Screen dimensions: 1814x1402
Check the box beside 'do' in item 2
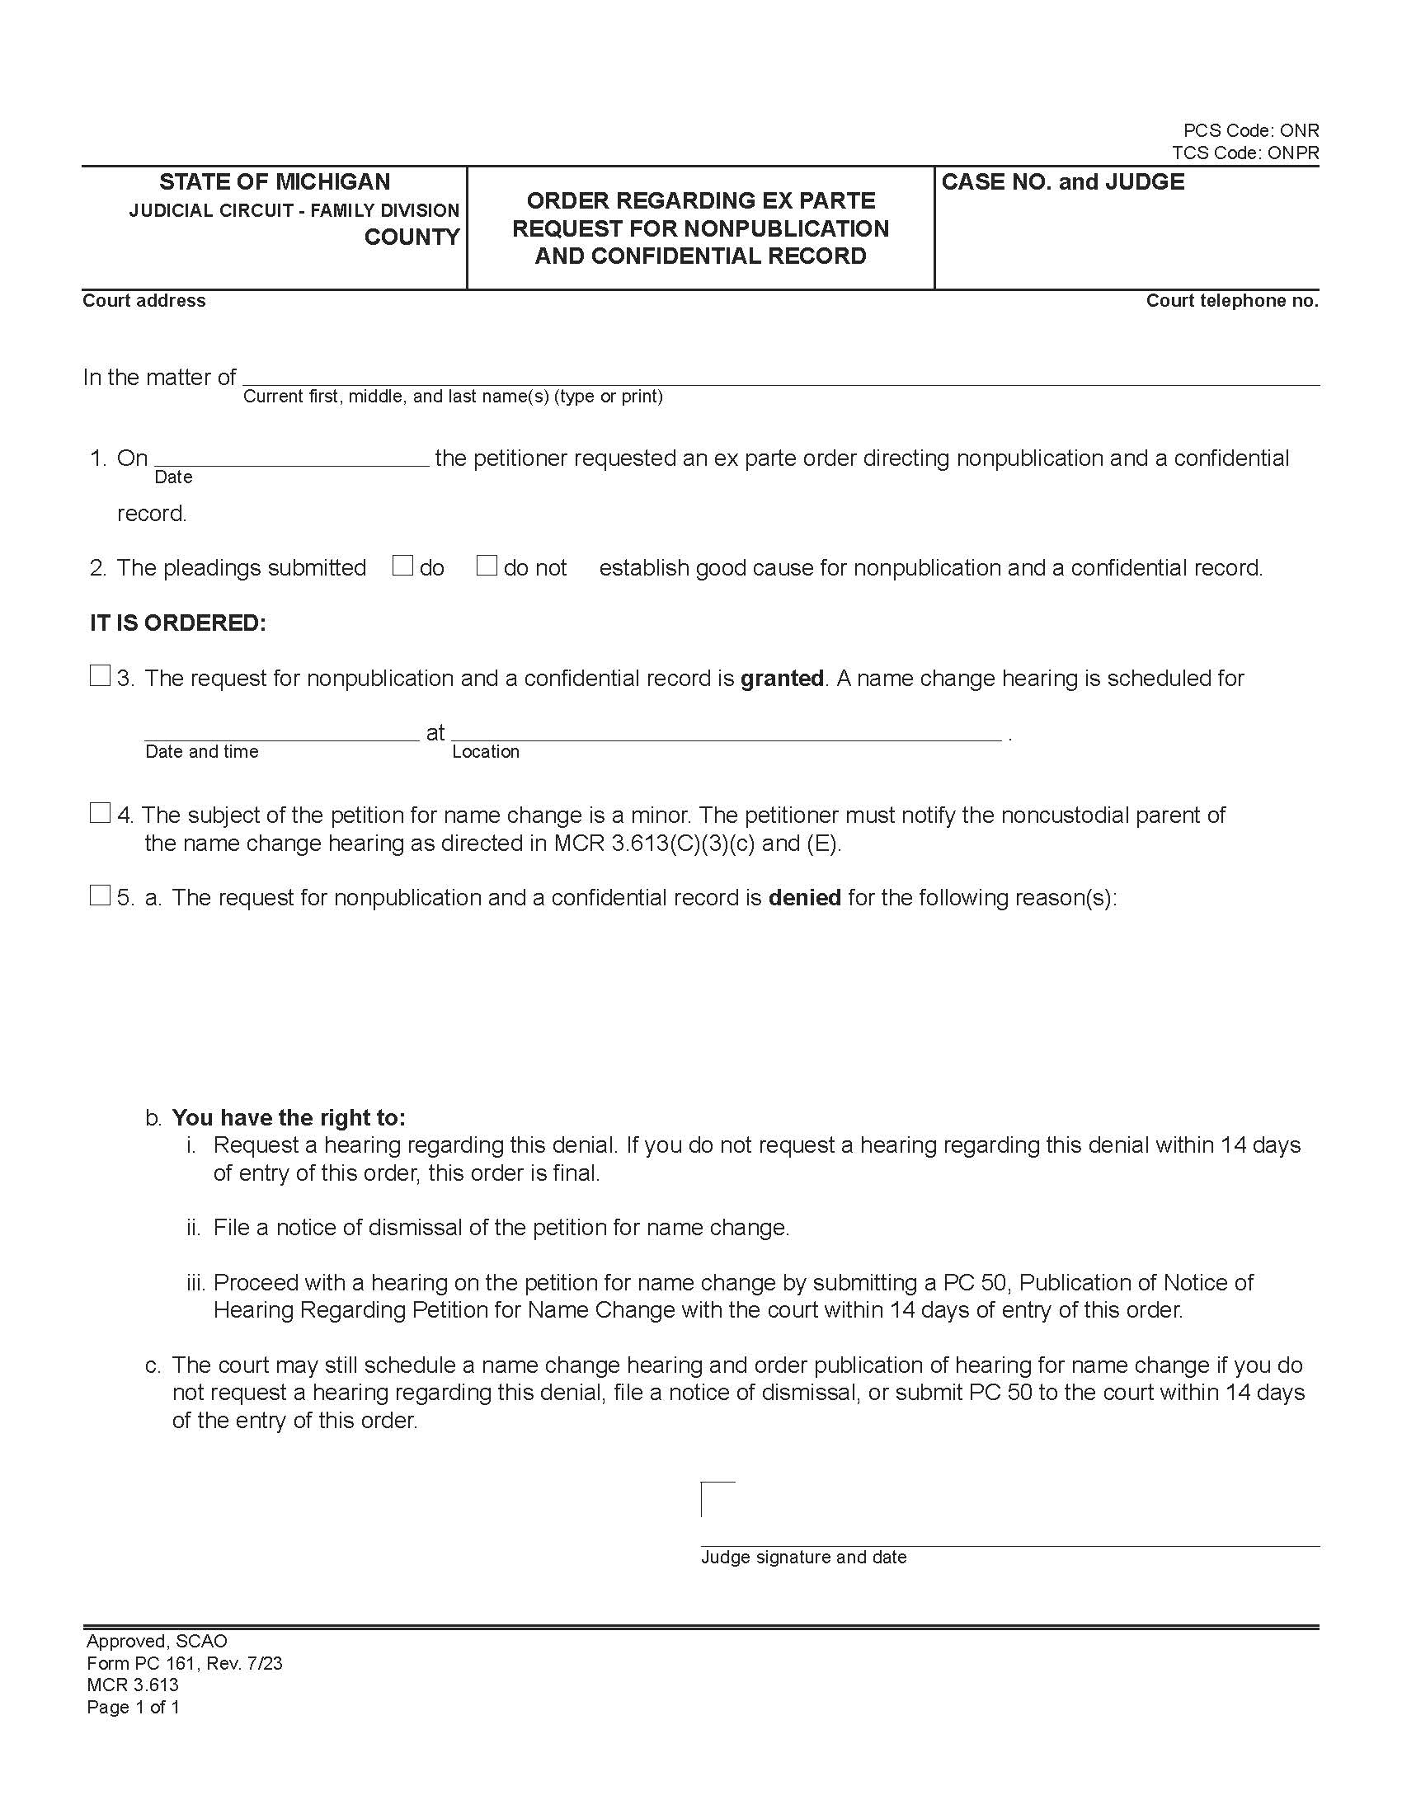[x=402, y=566]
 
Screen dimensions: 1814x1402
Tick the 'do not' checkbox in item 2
[x=487, y=566]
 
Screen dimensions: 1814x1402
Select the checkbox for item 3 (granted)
[x=100, y=676]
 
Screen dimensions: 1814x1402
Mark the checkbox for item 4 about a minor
[x=100, y=813]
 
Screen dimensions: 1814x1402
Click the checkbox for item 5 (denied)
[x=100, y=895]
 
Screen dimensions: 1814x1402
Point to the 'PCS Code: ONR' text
[x=1251, y=130]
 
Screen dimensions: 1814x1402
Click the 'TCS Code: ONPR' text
[x=1245, y=153]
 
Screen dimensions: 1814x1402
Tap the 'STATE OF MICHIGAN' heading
[x=275, y=182]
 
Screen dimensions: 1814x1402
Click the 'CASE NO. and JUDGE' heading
[x=1062, y=182]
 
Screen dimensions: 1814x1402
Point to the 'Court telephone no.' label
[x=1232, y=301]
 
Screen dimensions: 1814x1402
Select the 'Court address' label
[x=143, y=301]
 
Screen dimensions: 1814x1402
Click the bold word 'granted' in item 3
[x=782, y=679]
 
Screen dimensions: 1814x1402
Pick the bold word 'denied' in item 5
[x=805, y=898]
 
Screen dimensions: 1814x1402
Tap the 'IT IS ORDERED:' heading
[x=178, y=623]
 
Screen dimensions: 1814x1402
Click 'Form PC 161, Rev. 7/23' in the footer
[x=185, y=1663]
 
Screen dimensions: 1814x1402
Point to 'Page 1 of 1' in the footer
[x=133, y=1707]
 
